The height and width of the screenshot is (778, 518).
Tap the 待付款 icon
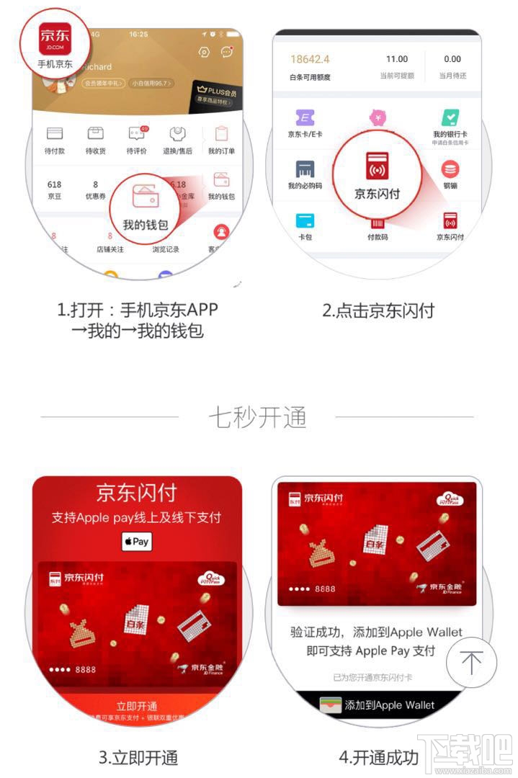point(55,134)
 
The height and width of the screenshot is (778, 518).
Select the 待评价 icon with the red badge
point(136,134)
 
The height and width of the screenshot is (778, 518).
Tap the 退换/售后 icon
point(178,134)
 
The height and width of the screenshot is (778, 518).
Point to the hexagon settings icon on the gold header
point(204,52)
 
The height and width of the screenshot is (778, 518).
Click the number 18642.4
point(310,59)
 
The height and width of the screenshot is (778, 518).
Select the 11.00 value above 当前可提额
point(396,59)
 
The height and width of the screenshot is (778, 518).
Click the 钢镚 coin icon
point(450,170)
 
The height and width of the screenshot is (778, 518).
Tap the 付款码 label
point(378,237)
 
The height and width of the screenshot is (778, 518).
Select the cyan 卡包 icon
point(305,220)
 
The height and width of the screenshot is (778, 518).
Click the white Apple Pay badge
point(136,541)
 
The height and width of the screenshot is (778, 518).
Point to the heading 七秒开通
point(257,417)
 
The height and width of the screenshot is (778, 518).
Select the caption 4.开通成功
point(378,757)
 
